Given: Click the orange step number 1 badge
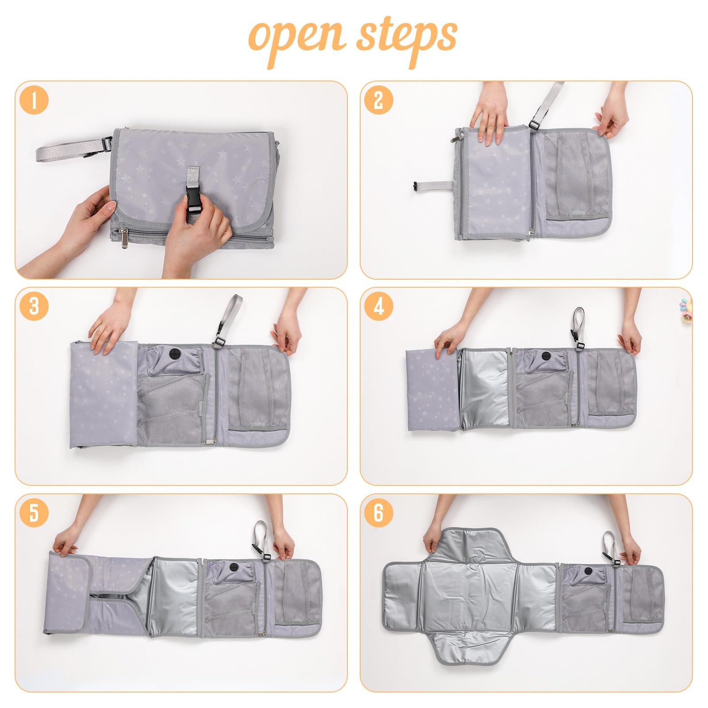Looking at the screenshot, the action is click(x=34, y=100).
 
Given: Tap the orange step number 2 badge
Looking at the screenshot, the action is click(x=379, y=100).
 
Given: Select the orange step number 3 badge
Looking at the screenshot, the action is click(x=34, y=306).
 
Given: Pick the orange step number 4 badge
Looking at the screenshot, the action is click(x=379, y=306).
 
